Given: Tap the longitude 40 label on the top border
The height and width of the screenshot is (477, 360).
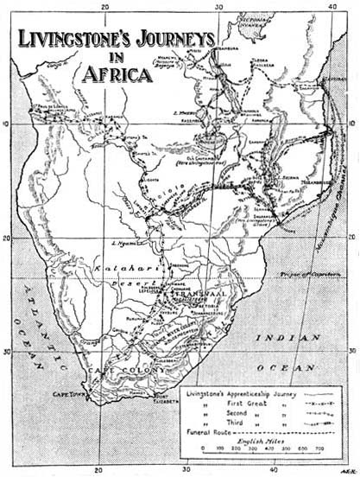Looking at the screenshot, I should (x=332, y=7).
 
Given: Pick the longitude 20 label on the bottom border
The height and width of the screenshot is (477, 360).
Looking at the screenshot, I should (x=99, y=470).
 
